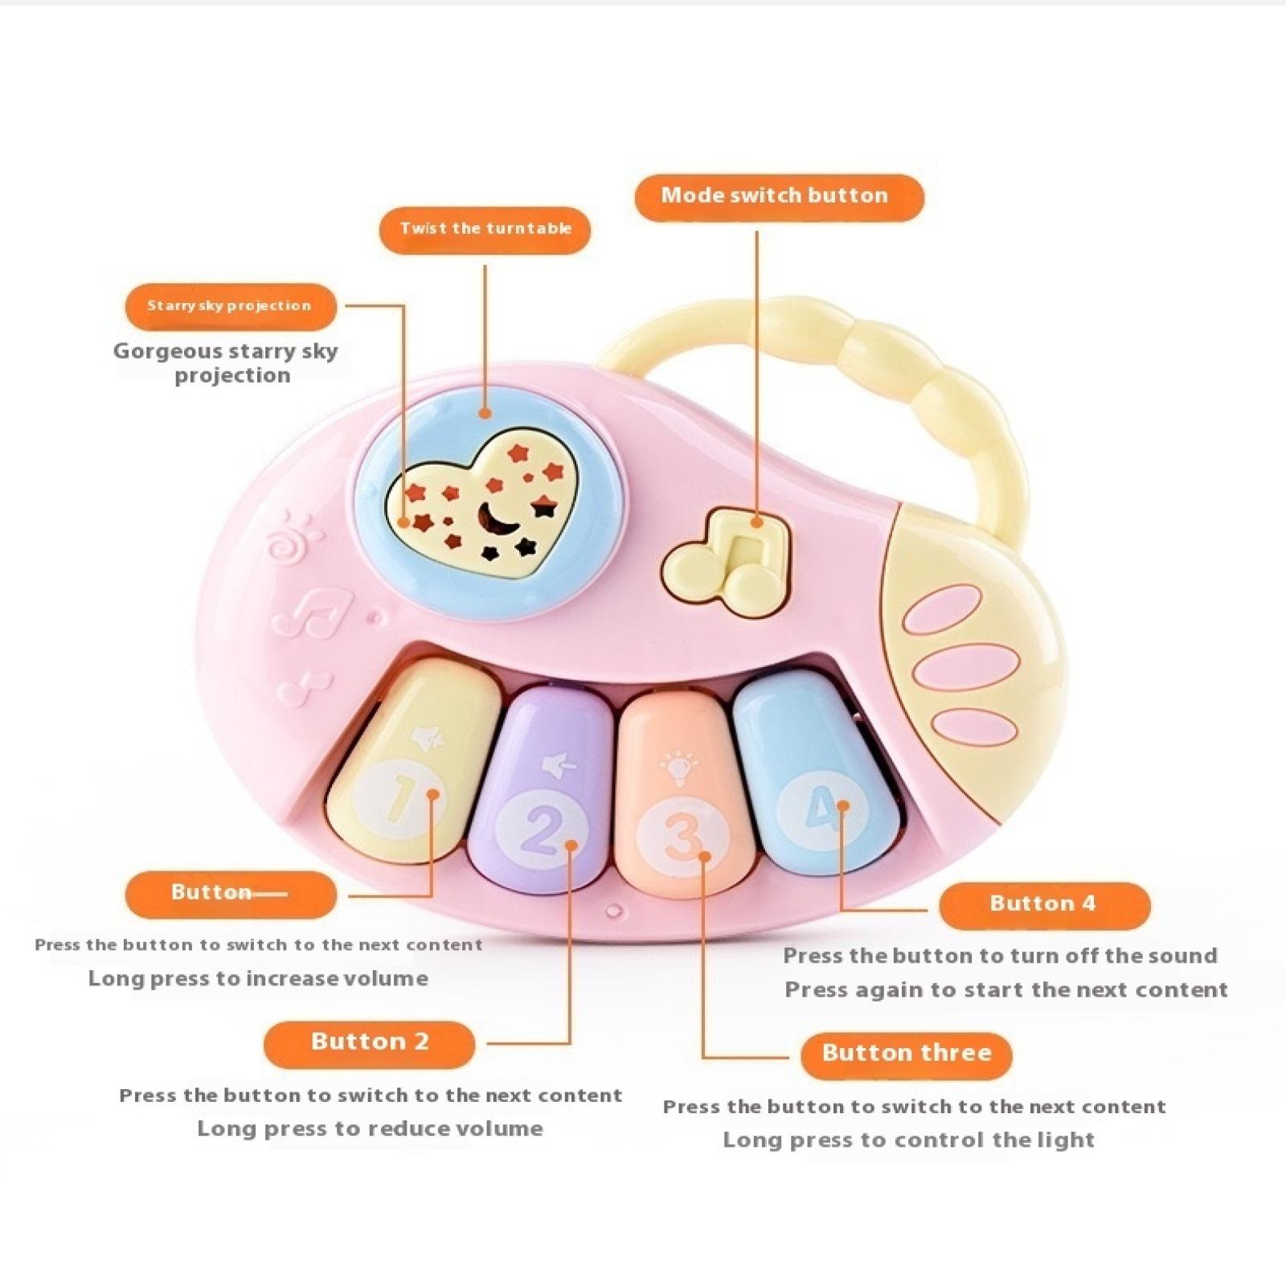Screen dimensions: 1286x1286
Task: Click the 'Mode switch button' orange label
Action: tap(778, 197)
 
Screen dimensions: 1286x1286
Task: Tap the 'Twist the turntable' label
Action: tap(485, 230)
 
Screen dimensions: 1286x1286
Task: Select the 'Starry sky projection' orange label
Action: tap(230, 306)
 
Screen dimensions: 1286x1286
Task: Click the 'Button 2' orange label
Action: tap(370, 1042)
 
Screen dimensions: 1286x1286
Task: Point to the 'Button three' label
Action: tap(906, 1054)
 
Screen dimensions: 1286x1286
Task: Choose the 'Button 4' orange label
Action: tap(1043, 904)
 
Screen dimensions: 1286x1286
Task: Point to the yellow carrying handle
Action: tap(924, 378)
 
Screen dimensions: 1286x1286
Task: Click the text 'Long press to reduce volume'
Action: tap(370, 1129)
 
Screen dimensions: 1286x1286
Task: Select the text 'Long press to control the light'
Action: tap(908, 1141)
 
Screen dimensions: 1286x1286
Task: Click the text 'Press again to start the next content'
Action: tap(1006, 990)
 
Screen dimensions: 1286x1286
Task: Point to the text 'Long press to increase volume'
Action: tap(258, 979)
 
